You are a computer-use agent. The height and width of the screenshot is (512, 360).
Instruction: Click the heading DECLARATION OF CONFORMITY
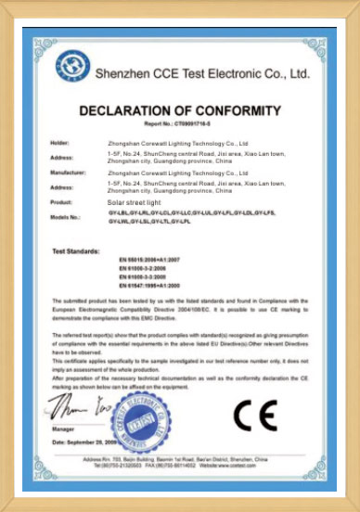coord(179,110)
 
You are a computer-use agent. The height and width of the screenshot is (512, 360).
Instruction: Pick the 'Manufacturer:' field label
coord(67,173)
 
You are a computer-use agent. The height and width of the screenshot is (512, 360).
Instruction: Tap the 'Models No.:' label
coord(65,216)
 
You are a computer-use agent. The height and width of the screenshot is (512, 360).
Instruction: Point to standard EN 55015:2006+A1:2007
coord(147,262)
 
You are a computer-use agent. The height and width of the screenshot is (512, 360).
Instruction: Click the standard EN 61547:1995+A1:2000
coord(147,286)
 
